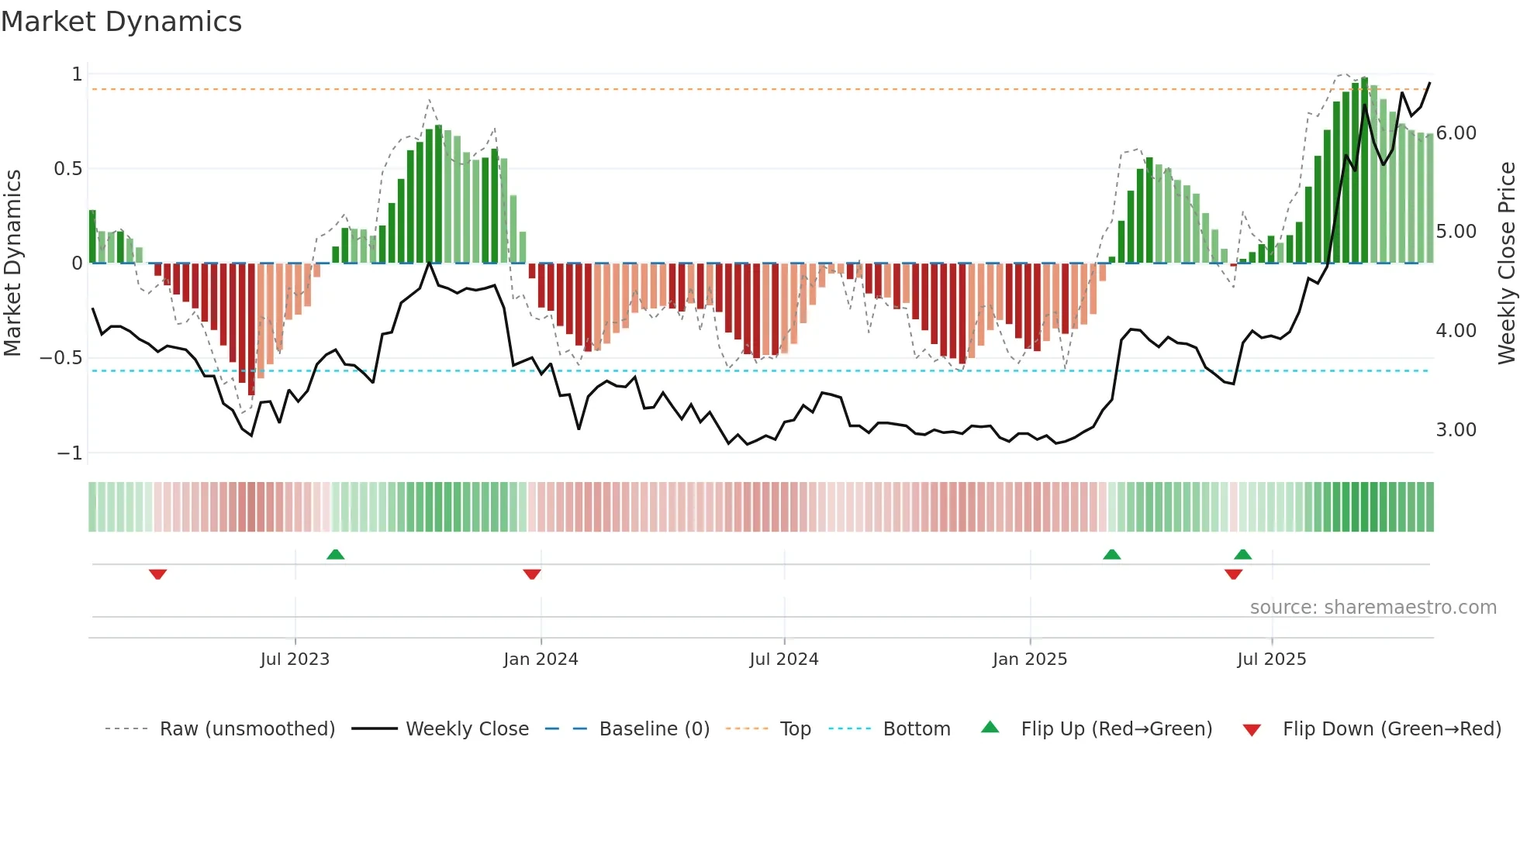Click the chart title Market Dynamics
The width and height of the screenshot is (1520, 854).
[121, 22]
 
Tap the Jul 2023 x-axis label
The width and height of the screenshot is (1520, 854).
[295, 659]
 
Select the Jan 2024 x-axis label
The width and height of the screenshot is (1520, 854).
[541, 659]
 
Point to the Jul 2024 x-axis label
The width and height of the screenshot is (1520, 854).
[784, 659]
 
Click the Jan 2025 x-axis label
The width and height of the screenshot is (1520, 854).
[1030, 659]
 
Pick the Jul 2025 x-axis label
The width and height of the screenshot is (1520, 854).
[1272, 659]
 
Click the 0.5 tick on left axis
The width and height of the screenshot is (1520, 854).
[67, 169]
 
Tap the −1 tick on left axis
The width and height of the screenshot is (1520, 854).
[69, 453]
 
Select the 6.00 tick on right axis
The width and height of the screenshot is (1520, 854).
[1456, 133]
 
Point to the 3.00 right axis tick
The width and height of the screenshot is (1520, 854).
[1456, 430]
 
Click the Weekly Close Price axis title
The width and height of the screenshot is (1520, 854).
[1506, 263]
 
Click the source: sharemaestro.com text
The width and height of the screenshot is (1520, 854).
[1373, 608]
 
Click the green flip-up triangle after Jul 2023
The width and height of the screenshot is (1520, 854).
[336, 555]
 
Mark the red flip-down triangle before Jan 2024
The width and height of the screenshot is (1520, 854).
[532, 574]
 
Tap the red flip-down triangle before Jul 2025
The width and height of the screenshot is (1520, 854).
[1233, 574]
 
